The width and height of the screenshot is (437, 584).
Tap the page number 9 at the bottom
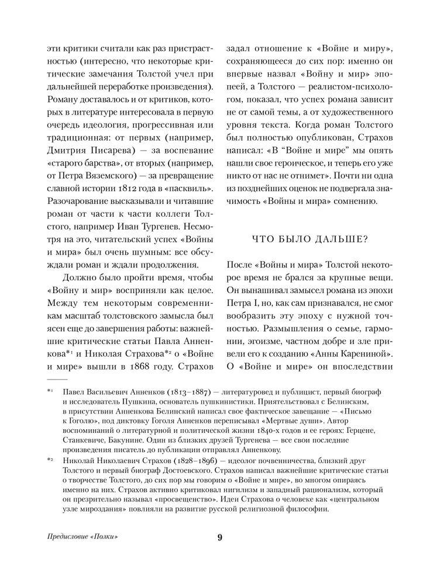(x=219, y=537)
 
